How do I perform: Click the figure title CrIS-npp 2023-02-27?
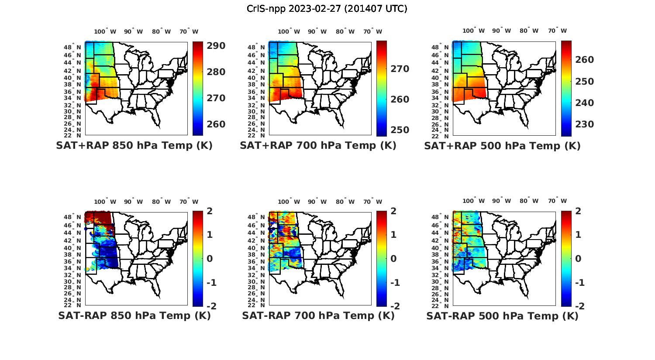(327, 8)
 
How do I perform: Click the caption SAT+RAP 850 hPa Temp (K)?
(134, 145)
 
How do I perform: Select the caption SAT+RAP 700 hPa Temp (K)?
(318, 145)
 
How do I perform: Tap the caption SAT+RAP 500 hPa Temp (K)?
(502, 146)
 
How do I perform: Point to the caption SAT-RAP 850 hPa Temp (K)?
(134, 315)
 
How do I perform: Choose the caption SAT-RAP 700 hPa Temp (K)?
(318, 315)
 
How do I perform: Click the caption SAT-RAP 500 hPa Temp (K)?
(502, 316)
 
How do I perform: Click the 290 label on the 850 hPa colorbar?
(216, 46)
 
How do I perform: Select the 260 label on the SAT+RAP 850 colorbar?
(216, 124)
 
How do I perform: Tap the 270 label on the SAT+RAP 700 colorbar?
(400, 69)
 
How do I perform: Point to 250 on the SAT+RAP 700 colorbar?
(400, 130)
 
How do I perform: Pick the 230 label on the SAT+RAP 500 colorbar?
(584, 124)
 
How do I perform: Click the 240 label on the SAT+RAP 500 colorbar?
(584, 103)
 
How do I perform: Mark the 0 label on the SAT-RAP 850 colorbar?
(210, 259)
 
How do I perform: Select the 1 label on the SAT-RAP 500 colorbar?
(579, 235)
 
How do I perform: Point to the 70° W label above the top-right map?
(558, 31)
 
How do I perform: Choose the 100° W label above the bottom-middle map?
(289, 202)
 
